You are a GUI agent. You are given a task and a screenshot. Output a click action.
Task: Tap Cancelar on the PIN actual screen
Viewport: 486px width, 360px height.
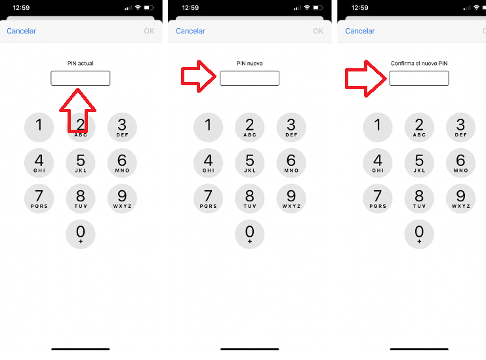[x=21, y=31]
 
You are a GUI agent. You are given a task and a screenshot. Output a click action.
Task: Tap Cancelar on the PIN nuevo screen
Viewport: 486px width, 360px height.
[x=190, y=31]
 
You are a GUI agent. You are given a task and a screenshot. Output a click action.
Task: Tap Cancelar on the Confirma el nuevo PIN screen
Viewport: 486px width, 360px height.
[x=360, y=31]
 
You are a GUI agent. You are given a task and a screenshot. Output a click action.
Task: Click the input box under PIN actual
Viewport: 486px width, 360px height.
[x=81, y=79]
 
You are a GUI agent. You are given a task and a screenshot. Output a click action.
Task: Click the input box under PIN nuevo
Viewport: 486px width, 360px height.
[x=249, y=79]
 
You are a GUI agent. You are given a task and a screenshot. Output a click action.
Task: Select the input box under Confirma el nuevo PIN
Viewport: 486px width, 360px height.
[x=419, y=79]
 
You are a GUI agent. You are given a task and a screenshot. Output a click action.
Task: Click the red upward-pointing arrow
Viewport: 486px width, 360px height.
[x=79, y=108]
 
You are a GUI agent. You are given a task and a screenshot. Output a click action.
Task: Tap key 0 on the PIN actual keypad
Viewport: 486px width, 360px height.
[x=81, y=234]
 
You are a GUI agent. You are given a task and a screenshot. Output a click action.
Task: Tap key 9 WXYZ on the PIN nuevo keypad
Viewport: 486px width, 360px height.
[x=291, y=198]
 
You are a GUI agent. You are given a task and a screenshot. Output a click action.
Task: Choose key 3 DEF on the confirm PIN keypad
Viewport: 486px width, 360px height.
[x=460, y=127]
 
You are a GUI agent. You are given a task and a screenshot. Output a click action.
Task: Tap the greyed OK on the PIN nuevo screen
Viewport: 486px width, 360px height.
[x=318, y=31]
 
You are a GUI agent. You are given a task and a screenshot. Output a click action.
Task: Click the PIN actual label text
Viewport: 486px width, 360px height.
[x=81, y=64]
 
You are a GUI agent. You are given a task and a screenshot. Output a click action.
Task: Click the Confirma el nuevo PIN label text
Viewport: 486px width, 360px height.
[x=419, y=64]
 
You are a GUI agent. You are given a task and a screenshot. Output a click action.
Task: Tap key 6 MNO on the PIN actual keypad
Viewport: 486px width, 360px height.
[x=122, y=163]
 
